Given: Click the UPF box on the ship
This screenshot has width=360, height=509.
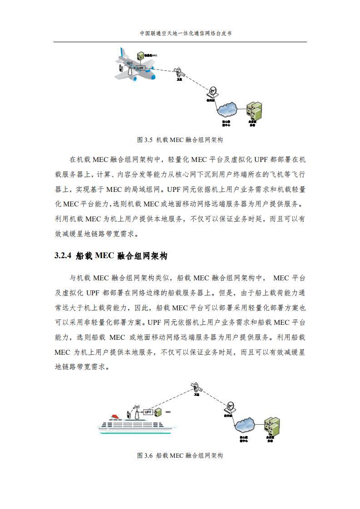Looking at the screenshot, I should pos(148,412).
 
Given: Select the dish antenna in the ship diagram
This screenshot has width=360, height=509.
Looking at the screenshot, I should pos(230,405).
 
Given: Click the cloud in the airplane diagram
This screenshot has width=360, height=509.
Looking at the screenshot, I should pos(227,109).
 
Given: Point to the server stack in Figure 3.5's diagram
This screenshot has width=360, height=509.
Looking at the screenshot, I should pos(253,109).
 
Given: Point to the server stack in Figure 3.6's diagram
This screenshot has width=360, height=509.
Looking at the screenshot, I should pos(271,425).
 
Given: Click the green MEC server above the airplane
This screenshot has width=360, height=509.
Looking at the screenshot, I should pos(141,55).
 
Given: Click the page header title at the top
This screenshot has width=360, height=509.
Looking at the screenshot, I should pos(180,33).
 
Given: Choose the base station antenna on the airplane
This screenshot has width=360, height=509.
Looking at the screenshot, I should pos(129,68).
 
